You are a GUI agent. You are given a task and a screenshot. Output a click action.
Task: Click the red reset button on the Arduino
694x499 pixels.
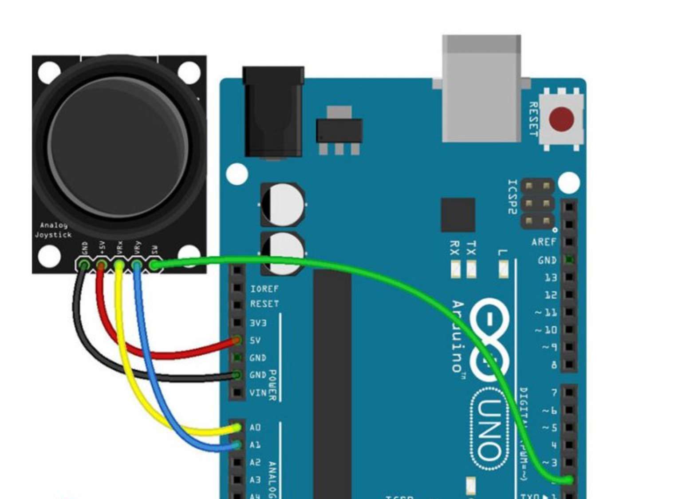click(561, 119)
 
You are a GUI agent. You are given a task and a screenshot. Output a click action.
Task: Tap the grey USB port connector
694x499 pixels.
click(481, 89)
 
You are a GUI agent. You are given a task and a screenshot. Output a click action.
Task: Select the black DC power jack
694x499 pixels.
click(273, 112)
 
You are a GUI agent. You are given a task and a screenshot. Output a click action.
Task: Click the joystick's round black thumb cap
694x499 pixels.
click(118, 147)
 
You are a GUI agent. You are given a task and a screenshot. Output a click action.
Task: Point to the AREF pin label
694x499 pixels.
click(544, 242)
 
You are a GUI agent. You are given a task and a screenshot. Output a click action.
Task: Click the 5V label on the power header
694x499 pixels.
click(255, 341)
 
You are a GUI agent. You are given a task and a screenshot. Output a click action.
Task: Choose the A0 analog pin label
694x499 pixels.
click(255, 428)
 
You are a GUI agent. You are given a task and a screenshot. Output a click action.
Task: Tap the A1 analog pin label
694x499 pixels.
click(255, 445)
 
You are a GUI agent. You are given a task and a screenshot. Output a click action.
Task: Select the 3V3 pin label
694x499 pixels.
click(258, 323)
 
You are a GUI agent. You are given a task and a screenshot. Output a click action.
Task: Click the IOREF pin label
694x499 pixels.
click(264, 289)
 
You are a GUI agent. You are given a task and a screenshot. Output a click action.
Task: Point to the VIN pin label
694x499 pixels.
click(258, 393)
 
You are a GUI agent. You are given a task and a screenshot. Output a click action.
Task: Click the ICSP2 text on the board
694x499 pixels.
click(513, 197)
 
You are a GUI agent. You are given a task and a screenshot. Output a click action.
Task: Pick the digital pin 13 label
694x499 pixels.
click(550, 277)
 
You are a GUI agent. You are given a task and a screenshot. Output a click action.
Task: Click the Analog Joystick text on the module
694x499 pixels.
click(53, 230)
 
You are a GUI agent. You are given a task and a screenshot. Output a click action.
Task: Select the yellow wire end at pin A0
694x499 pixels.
click(238, 428)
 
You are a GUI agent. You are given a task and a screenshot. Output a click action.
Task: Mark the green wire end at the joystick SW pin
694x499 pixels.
click(154, 265)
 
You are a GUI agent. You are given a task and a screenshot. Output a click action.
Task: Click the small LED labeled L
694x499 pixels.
click(503, 269)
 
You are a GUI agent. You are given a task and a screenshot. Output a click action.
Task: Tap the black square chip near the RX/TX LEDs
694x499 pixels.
click(458, 215)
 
